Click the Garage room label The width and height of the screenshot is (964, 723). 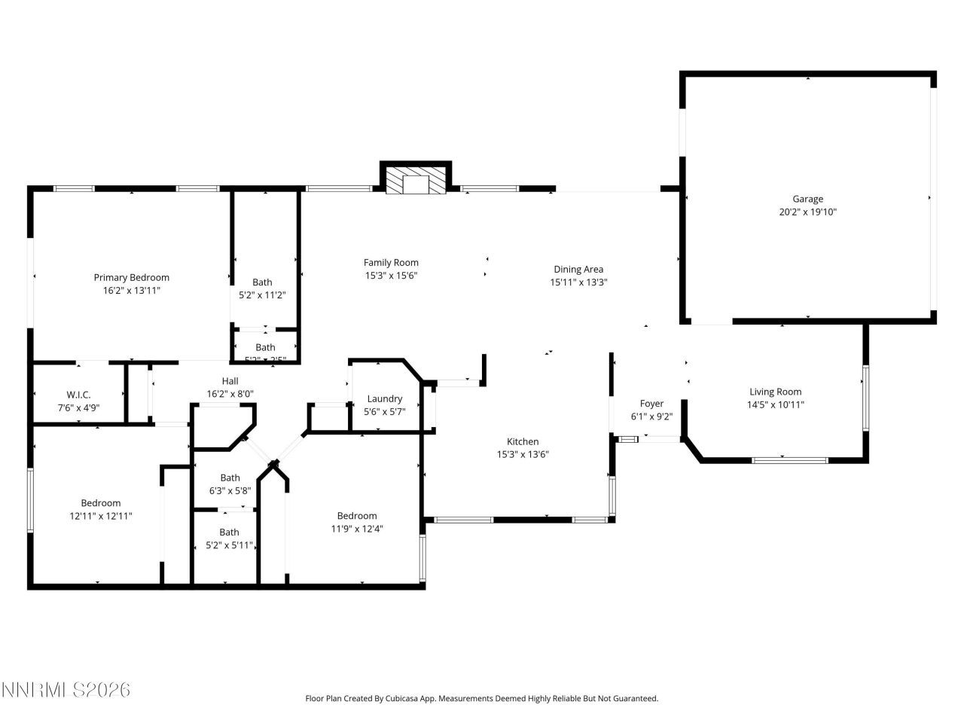(807, 199)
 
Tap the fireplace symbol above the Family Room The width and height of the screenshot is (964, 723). (415, 182)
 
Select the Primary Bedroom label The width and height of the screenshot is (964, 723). (131, 277)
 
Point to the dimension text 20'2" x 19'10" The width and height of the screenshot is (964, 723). (807, 212)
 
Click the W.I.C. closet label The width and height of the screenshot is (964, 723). (78, 395)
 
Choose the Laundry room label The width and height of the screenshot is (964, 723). (384, 398)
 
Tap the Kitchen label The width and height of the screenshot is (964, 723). (522, 441)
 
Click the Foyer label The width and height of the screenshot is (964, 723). (651, 404)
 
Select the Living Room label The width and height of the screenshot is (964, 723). (775, 392)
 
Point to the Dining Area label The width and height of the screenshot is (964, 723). (578, 269)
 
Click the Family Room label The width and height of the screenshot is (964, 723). (391, 262)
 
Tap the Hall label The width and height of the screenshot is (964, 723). (230, 381)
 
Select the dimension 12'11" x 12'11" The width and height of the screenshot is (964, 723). (101, 516)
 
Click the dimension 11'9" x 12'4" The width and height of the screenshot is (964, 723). (357, 529)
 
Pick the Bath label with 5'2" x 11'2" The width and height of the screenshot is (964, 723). (262, 282)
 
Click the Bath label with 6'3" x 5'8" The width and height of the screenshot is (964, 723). (230, 477)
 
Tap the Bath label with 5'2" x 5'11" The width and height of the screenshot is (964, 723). (229, 532)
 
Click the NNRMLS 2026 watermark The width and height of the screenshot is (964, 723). (66, 690)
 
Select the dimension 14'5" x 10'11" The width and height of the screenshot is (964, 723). (775, 404)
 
